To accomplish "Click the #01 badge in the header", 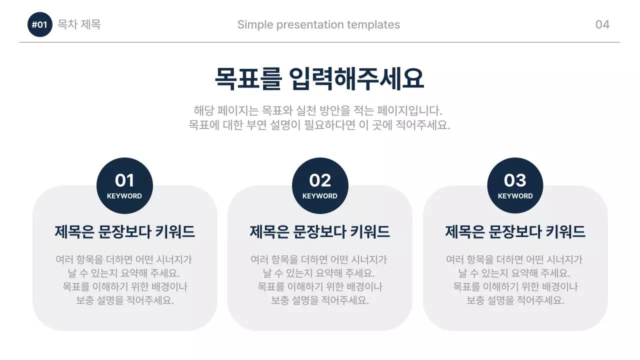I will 39,25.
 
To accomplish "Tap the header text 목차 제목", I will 79,24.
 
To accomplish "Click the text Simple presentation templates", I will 318,24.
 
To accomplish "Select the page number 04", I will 602,24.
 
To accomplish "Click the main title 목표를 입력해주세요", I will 319,78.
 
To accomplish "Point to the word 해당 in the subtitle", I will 202,110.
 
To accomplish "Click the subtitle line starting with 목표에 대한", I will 319,125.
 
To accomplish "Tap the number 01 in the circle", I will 124,180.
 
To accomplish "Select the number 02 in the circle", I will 320,180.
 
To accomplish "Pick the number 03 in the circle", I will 515,180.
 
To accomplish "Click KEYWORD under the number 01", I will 124,196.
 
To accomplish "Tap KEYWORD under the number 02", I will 320,196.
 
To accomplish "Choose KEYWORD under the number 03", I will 515,196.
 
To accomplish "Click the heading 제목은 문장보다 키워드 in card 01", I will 124,232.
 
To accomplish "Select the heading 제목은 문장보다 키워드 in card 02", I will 320,232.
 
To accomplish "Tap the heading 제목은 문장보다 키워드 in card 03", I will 515,232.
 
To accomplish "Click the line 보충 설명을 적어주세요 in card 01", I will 124,300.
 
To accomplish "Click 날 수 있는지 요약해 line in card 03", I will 514,273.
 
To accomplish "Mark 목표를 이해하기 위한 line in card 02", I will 320,287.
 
